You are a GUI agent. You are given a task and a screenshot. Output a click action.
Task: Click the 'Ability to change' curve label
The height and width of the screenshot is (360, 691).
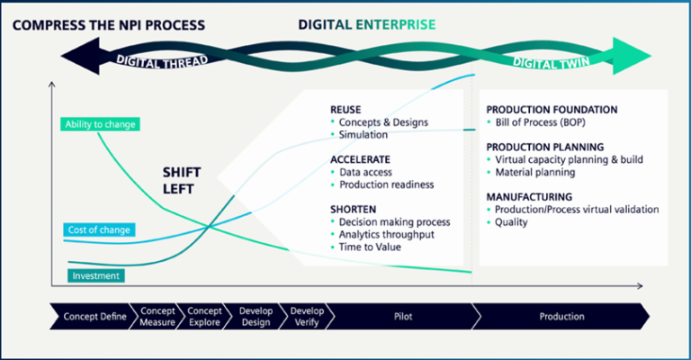coord(101,124)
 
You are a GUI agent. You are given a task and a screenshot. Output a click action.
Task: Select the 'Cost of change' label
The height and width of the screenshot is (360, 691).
coord(99,229)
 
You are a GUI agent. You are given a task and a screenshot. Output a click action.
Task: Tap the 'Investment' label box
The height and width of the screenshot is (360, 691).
coord(96,275)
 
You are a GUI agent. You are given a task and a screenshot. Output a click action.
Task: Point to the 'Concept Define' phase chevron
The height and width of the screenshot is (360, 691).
coord(91,316)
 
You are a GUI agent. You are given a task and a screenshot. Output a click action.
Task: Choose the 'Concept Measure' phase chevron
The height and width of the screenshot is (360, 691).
coord(157,316)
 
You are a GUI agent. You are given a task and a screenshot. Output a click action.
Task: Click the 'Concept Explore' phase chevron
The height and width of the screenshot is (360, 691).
coord(204,316)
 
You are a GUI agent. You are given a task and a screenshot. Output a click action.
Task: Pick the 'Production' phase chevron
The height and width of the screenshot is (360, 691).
coord(561,316)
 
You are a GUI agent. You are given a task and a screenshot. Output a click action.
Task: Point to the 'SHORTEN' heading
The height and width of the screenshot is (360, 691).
coord(353,209)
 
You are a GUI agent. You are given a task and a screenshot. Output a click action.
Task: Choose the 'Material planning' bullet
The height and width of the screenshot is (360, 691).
coord(537,172)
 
